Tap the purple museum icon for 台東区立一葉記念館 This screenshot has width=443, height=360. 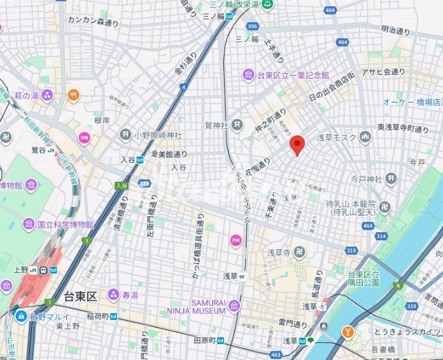point(248,76)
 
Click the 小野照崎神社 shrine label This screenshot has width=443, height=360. point(158,135)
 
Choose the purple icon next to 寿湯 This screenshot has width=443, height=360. point(113,294)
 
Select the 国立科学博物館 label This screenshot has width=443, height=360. point(65,225)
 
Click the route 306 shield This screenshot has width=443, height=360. point(252,26)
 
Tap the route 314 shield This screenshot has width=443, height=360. point(381,236)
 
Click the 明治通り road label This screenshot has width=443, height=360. point(396,30)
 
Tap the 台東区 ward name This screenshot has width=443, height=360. point(80,296)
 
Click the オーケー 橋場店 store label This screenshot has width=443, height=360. point(411,102)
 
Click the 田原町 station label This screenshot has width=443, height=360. point(205,340)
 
